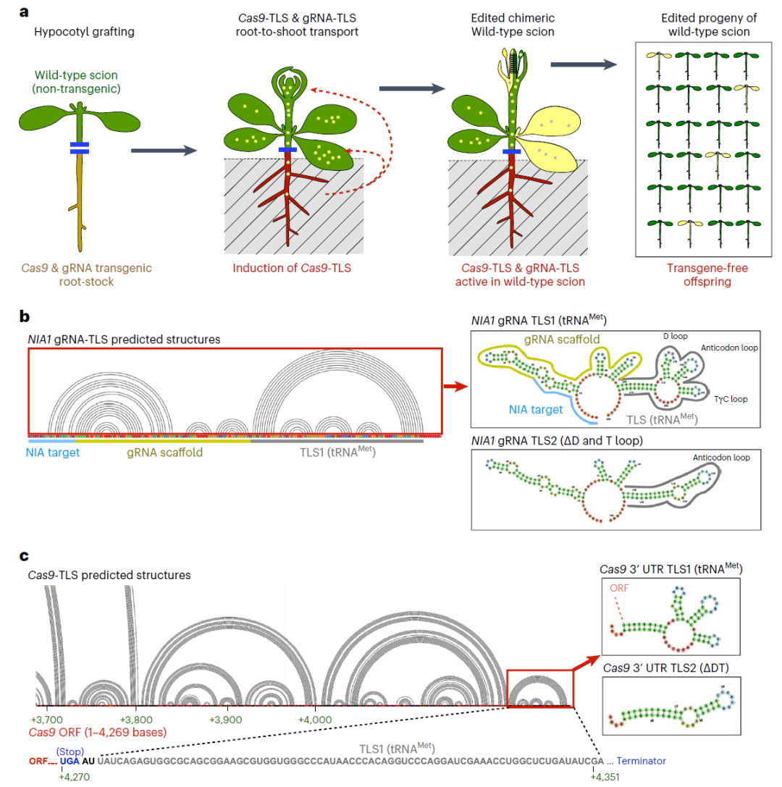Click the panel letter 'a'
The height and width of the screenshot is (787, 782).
(x=25, y=13)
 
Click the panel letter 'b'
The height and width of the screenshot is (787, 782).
(x=25, y=316)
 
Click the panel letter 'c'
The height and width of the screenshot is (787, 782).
(x=25, y=556)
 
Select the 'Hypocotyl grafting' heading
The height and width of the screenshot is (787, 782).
(x=75, y=33)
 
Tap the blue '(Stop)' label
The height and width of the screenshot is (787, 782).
(x=70, y=750)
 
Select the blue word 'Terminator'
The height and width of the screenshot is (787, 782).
(x=640, y=762)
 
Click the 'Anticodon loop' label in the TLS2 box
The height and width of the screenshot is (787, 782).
(x=721, y=457)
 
